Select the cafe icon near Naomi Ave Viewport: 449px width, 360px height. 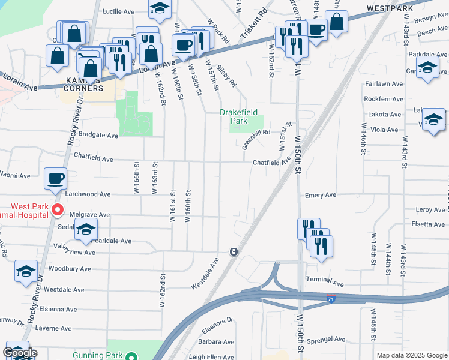tap(56, 178)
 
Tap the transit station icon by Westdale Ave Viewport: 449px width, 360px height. tap(233, 251)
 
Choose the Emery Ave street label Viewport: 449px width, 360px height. tap(321, 195)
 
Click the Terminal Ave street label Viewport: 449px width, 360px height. tap(324, 283)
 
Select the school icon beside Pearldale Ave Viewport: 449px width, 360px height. tap(86, 229)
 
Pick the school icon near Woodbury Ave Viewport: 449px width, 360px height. tap(26, 271)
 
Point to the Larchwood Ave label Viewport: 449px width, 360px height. tap(92, 194)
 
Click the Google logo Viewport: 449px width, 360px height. tap(20, 353)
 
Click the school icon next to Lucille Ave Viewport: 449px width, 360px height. tap(160, 9)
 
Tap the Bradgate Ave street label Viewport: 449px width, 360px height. tap(98, 136)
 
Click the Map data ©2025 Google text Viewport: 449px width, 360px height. tap(412, 355)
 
